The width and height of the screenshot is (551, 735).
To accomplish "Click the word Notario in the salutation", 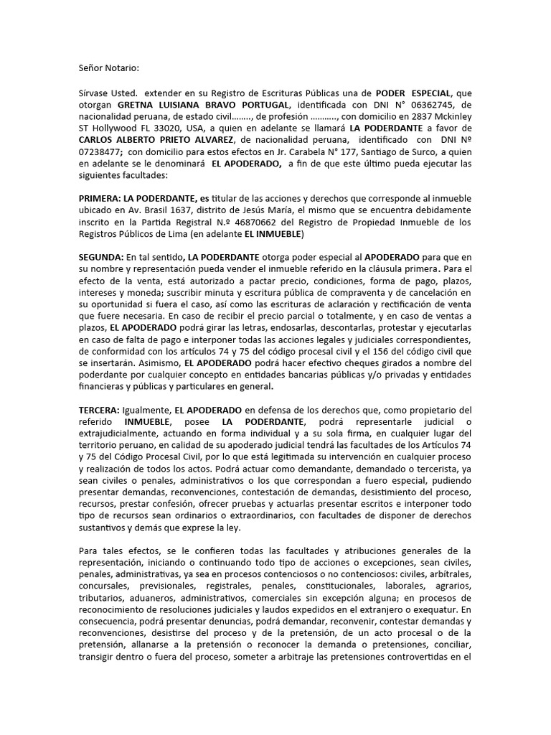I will [x=123, y=68].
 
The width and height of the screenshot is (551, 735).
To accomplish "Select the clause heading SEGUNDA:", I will [x=101, y=256].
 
